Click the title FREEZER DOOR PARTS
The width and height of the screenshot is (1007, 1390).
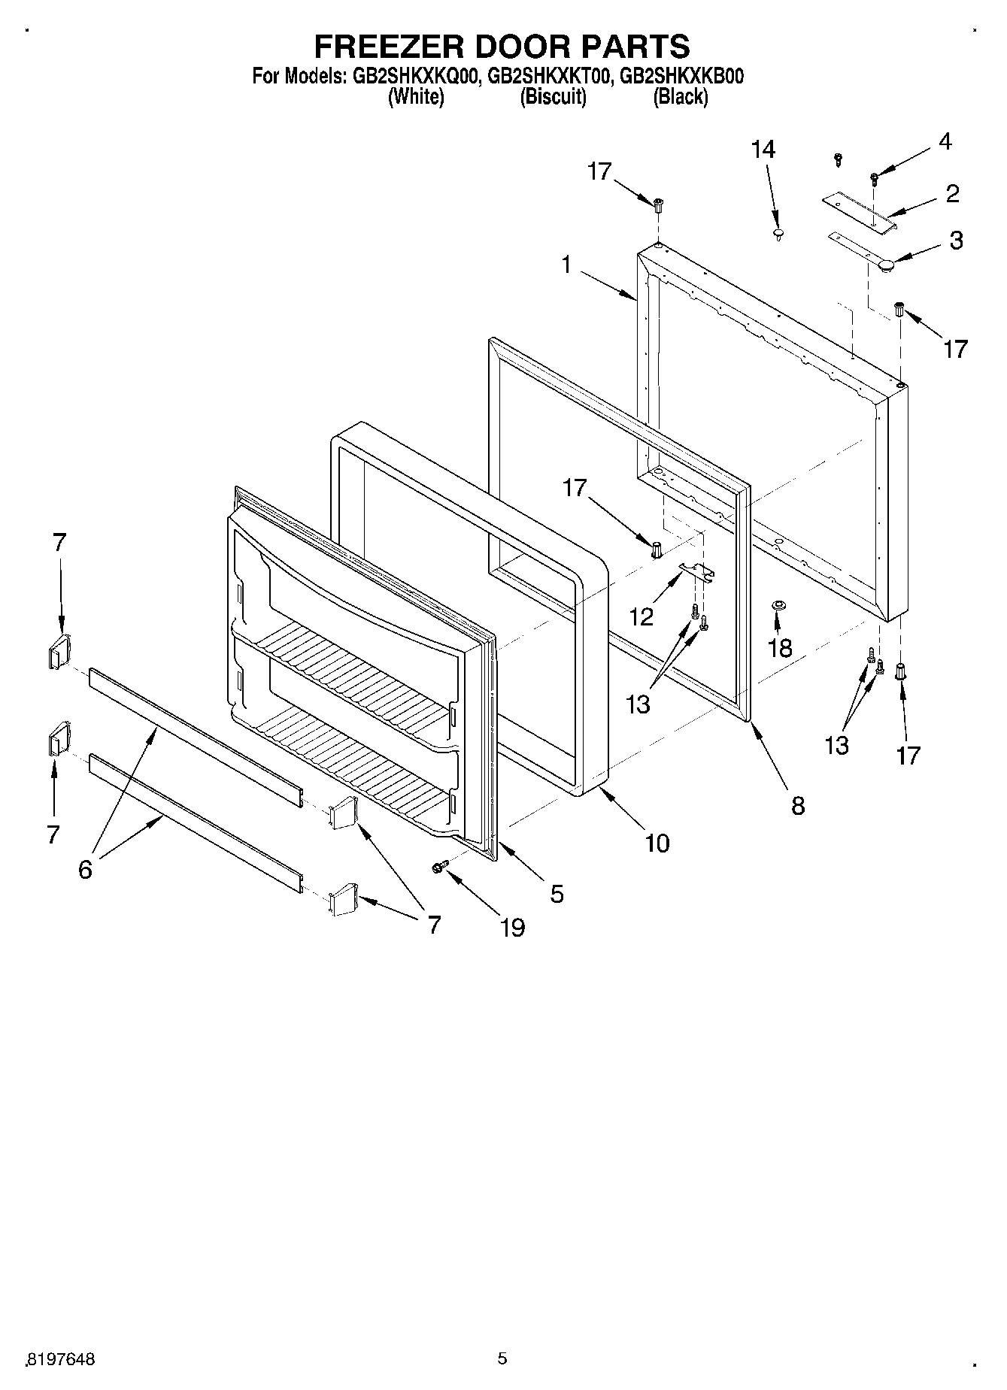point(502,47)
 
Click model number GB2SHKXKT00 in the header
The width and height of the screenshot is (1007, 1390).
point(548,76)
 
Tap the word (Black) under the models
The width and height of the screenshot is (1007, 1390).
point(680,96)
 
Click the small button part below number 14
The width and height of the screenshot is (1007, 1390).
point(778,235)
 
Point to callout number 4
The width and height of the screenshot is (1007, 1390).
point(945,141)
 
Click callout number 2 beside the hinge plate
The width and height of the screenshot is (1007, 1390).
point(952,194)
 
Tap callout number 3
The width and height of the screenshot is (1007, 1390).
point(955,241)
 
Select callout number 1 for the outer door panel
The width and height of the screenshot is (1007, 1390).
point(566,264)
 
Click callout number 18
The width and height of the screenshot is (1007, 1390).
point(780,647)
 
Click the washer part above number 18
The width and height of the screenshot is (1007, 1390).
point(778,605)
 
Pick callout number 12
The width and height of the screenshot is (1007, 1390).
point(642,617)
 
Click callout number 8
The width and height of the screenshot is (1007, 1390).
point(798,805)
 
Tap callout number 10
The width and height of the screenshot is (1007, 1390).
point(657,843)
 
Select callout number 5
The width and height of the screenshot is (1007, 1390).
point(557,893)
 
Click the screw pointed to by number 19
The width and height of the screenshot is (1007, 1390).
point(440,868)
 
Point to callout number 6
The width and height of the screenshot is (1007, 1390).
point(84,870)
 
